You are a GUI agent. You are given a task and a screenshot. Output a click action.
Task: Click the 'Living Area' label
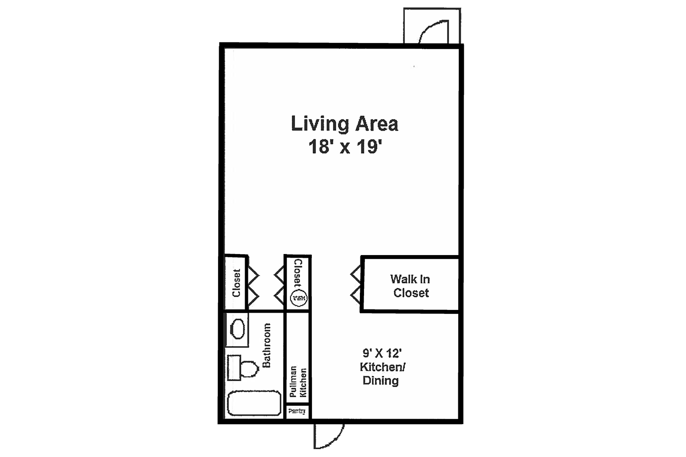tap(344, 124)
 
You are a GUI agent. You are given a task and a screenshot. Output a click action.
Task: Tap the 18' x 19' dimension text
tap(344, 147)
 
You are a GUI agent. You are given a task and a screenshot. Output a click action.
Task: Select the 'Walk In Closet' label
tap(410, 286)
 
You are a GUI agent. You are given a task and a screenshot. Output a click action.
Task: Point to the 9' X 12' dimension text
tap(382, 353)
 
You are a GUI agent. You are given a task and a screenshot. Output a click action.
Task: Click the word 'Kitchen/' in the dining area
tap(382, 367)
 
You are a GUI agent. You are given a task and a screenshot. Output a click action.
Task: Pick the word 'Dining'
tap(381, 381)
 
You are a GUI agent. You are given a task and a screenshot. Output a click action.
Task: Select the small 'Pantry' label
tap(297, 411)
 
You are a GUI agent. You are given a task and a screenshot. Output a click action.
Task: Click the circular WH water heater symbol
tap(299, 298)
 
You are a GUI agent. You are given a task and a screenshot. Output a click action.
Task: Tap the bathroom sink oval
tap(237, 329)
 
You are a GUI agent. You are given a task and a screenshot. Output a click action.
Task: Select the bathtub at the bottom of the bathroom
tap(254, 403)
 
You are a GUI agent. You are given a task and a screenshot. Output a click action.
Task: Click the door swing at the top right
tap(433, 31)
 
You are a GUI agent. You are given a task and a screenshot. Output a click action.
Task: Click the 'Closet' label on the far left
tap(236, 283)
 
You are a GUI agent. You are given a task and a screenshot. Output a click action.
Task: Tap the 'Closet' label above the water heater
tap(298, 273)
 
